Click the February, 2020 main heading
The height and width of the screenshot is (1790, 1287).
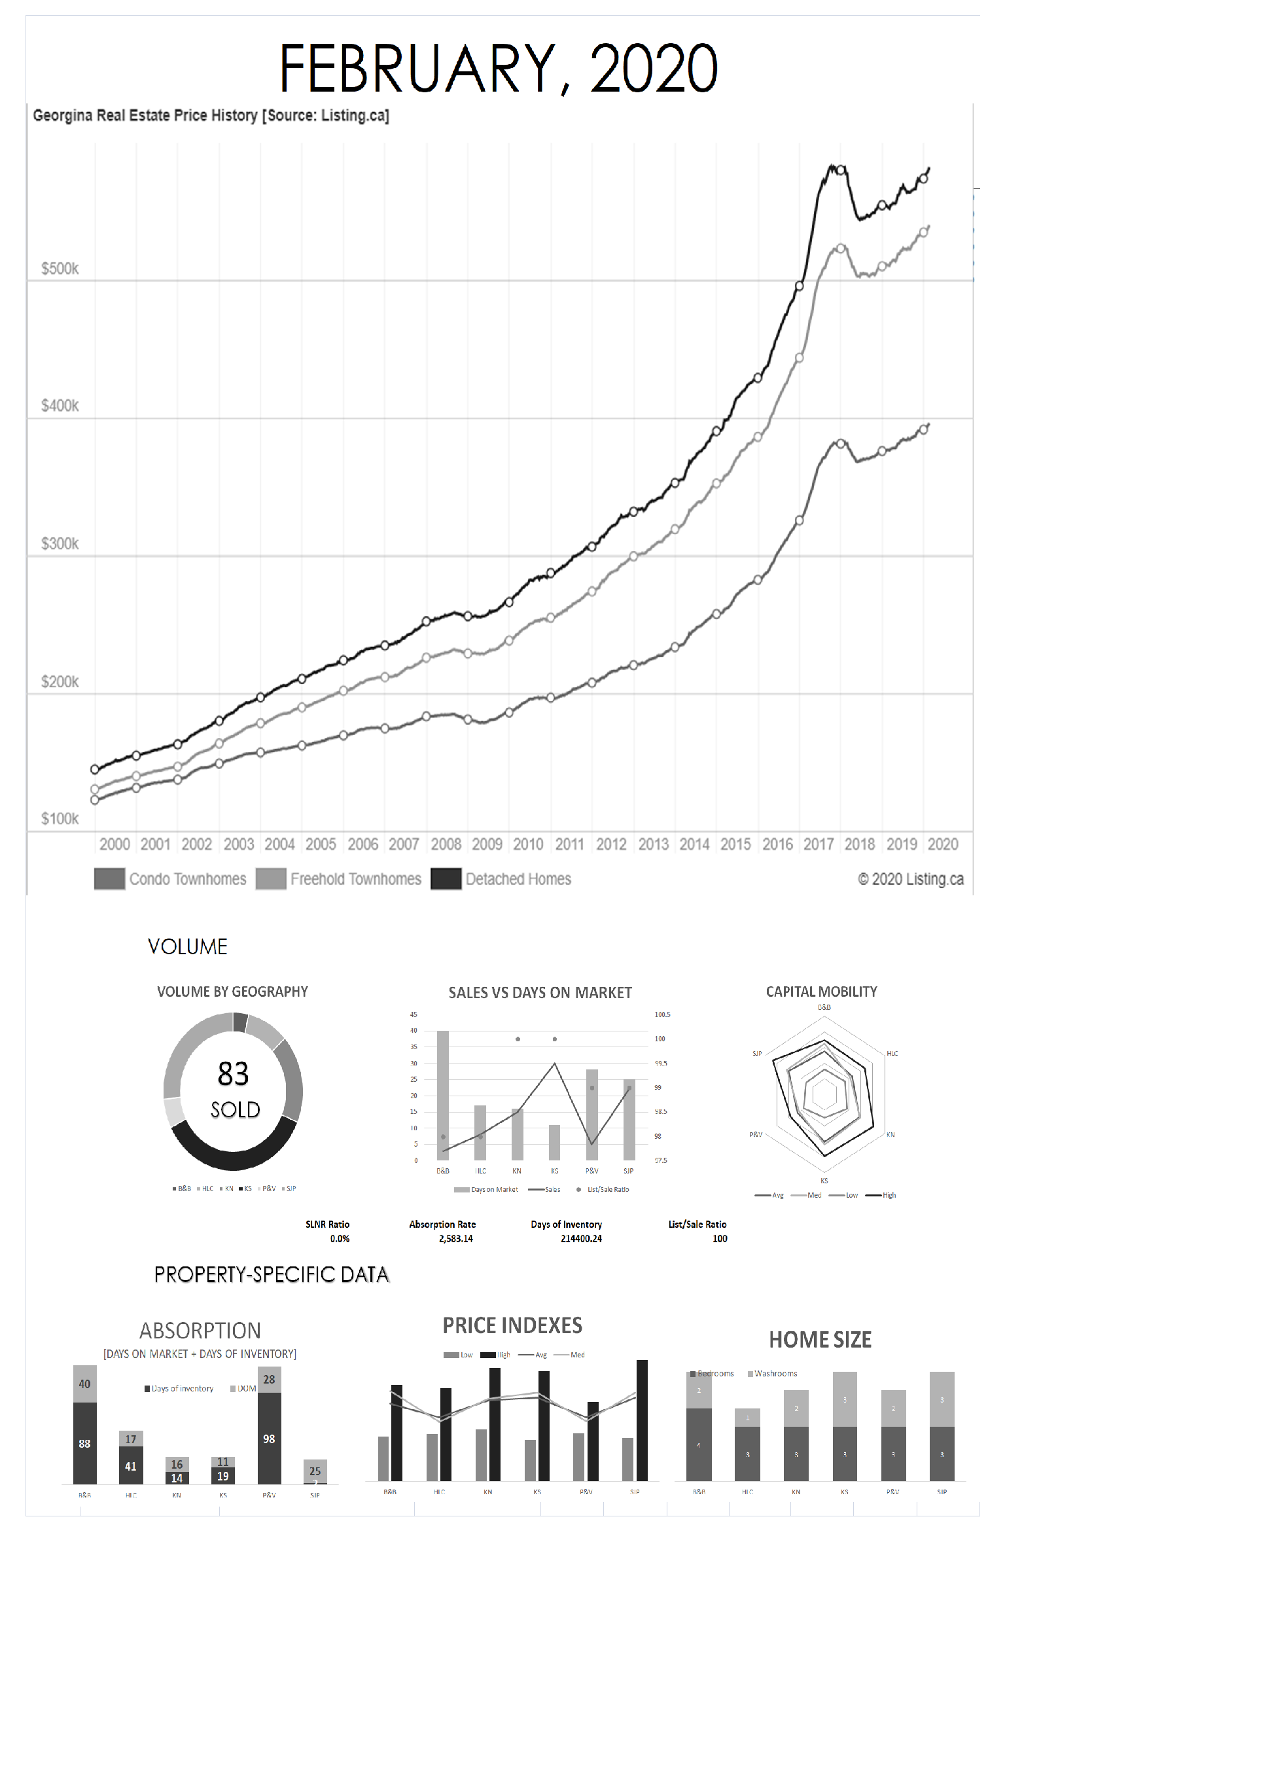click(x=498, y=69)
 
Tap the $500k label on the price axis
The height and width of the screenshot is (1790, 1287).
click(x=60, y=268)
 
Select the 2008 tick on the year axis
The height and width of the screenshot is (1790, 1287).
click(x=446, y=844)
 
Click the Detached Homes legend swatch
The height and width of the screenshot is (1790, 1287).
click(x=446, y=878)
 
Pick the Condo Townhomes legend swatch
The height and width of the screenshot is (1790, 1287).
click(x=109, y=878)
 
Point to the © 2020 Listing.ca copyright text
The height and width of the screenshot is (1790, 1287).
click(x=910, y=878)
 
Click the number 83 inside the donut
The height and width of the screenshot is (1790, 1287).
click(x=233, y=1073)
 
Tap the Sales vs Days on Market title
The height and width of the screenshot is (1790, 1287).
click(x=540, y=992)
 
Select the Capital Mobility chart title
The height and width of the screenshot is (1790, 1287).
click(x=820, y=992)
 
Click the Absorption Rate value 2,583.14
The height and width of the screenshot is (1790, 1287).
click(x=455, y=1238)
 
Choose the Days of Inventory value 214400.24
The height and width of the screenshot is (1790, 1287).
click(x=581, y=1238)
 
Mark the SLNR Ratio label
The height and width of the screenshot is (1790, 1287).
click(x=327, y=1224)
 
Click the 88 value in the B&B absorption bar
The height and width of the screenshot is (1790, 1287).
click(x=84, y=1444)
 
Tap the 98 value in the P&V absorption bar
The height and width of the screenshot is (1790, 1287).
click(x=269, y=1439)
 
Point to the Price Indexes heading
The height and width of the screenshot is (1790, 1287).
click(x=512, y=1325)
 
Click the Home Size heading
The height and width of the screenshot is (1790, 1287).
click(x=820, y=1339)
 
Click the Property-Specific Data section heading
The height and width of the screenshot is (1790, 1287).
click(x=272, y=1275)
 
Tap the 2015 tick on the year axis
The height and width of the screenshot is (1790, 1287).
click(x=735, y=844)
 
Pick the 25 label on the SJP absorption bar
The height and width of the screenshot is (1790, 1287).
click(x=315, y=1471)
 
